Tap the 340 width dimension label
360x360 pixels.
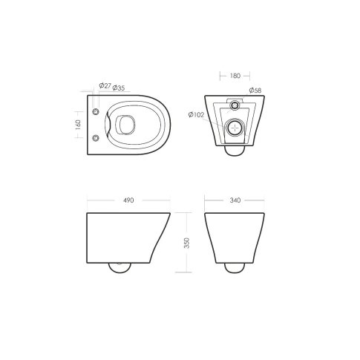point(234,200)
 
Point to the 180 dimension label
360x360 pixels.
point(235,75)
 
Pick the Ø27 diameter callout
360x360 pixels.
point(104,87)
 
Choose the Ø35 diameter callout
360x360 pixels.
point(118,87)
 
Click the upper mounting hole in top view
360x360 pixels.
point(95,111)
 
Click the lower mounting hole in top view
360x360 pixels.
point(95,138)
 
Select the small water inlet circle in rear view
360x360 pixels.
point(235,102)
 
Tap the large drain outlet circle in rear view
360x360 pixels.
point(235,128)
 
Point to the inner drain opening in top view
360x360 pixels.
point(125,125)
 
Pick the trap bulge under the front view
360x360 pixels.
point(235,266)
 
